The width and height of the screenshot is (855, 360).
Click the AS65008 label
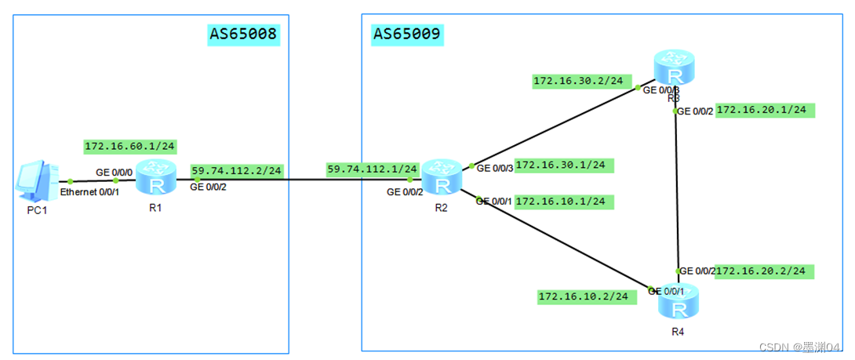tap(243, 34)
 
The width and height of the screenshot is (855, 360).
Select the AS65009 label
tap(407, 34)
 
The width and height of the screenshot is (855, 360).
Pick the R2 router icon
tap(442, 177)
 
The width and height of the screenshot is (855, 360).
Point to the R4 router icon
tap(678, 301)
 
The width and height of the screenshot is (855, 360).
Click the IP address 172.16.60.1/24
tap(130, 147)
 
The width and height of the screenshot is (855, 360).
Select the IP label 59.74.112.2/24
tap(236, 170)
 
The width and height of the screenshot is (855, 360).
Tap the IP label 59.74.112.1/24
tap(372, 169)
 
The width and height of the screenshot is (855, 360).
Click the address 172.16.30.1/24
tap(563, 165)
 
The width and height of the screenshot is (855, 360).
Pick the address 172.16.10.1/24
tap(563, 202)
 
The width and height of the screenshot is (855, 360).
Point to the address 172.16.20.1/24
tap(765, 110)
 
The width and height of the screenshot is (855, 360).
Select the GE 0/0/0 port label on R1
tap(114, 170)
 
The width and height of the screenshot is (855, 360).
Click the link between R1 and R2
tap(298, 180)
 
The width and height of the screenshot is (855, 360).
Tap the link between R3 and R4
tap(676, 188)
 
